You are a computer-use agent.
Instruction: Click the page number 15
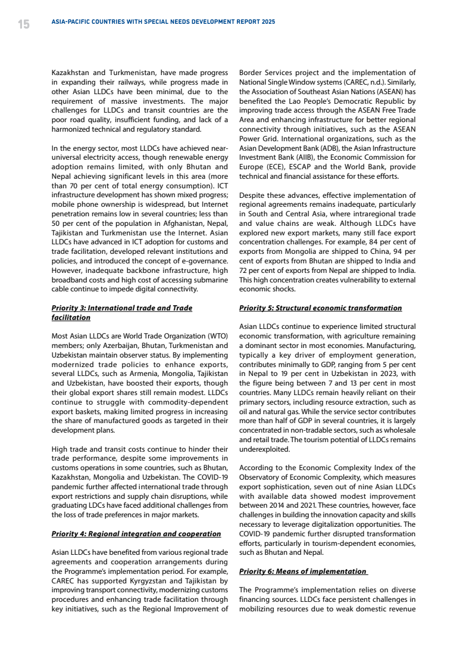coord(23,24)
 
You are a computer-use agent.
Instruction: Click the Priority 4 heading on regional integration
coord(136,533)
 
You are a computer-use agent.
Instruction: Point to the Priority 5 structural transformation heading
coord(320,308)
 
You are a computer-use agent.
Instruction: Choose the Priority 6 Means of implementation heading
coord(303,571)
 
